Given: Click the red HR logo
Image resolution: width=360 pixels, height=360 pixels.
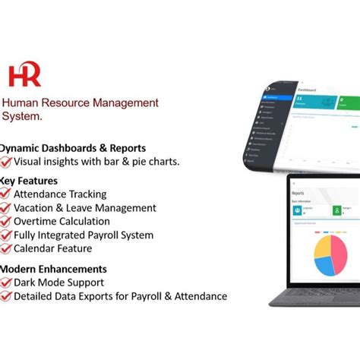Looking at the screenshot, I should pyautogui.click(x=24, y=76).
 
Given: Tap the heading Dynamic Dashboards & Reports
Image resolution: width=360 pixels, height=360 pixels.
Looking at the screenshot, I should pyautogui.click(x=73, y=148).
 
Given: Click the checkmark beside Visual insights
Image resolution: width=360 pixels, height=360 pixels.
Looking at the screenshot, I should pyautogui.click(x=6, y=162).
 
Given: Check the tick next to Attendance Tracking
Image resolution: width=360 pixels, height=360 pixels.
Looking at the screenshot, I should pyautogui.click(x=6, y=194).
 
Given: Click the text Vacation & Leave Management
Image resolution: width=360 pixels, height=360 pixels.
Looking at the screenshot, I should pyautogui.click(x=85, y=208).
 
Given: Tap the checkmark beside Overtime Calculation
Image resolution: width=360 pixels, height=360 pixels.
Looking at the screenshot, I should pyautogui.click(x=6, y=222).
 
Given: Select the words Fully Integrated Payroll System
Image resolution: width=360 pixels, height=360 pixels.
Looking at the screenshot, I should pyautogui.click(x=84, y=235).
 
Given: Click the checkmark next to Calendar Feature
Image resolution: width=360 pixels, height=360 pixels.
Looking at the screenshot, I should pyautogui.click(x=6, y=248).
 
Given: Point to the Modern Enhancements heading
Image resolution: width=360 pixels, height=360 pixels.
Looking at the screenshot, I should pyautogui.click(x=52, y=269).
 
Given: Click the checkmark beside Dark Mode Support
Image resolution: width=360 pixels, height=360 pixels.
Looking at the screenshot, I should pyautogui.click(x=6, y=283).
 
